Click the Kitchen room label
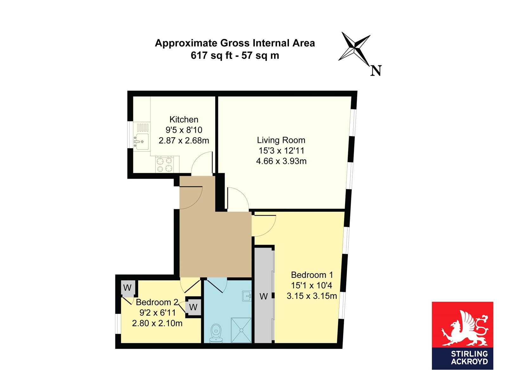(184, 119)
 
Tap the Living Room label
(281, 140)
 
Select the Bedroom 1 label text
(312, 275)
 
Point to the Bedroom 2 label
(157, 302)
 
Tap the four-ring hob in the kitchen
(164, 164)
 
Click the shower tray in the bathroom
(241, 330)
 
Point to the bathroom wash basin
(247, 296)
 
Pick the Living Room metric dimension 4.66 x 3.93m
(281, 161)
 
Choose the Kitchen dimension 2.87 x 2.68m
(184, 140)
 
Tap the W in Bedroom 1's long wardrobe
(263, 296)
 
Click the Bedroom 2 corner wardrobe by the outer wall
(127, 288)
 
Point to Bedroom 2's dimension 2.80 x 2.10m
(157, 323)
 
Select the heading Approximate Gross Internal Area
(235, 43)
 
